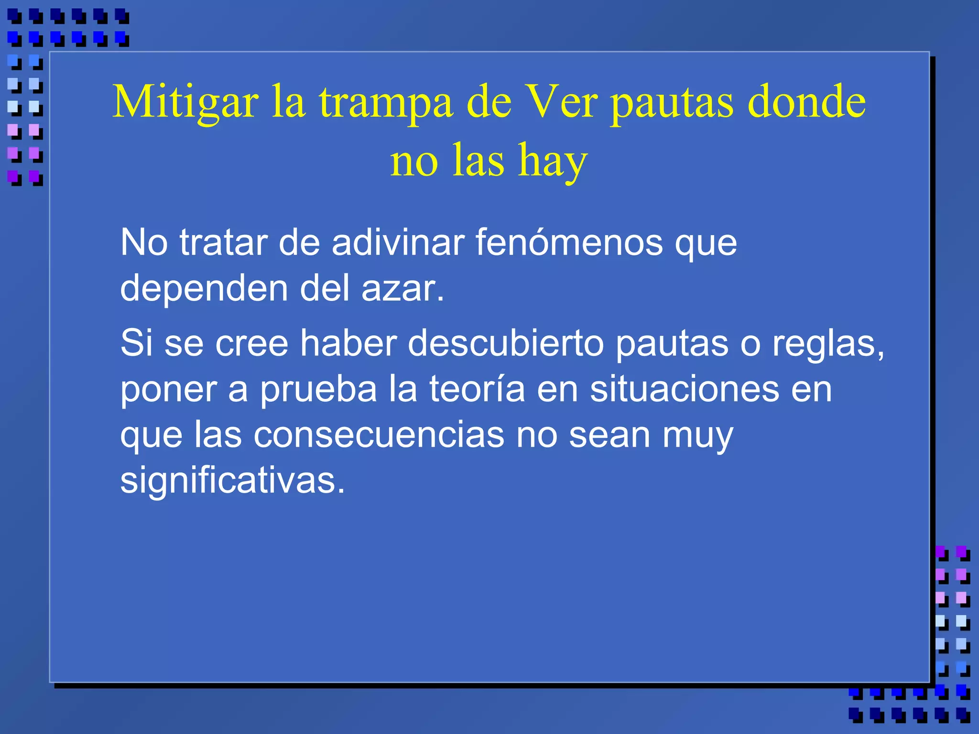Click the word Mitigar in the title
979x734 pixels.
[185, 102]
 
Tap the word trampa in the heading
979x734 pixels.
[386, 102]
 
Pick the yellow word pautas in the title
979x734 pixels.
[672, 102]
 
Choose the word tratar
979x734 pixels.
[223, 242]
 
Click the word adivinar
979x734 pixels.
[398, 242]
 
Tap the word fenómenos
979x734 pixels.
[569, 242]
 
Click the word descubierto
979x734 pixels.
[506, 343]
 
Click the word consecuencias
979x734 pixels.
[379, 435]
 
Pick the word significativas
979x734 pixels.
[232, 480]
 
